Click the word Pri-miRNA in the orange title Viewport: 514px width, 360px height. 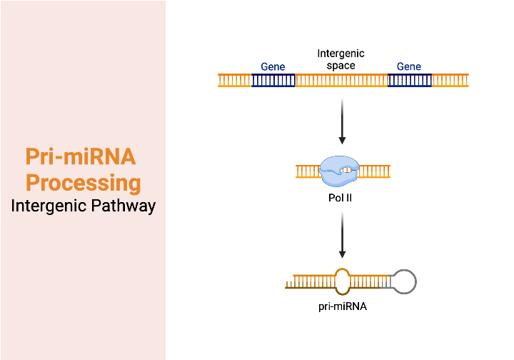[80, 156]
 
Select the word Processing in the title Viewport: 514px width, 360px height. [83, 182]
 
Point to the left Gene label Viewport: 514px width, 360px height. [273, 66]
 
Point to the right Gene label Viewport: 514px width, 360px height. [409, 66]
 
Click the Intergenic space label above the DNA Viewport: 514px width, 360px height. [341, 59]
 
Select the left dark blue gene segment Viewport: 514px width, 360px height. [273, 80]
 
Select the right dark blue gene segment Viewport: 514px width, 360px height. [409, 80]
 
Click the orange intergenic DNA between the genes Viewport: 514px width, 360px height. [341, 80]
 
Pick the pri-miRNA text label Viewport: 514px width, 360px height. [343, 307]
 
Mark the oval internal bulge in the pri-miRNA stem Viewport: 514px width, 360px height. [343, 281]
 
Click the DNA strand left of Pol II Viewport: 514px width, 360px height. [307, 171]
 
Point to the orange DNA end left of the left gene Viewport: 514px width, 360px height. [234, 80]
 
